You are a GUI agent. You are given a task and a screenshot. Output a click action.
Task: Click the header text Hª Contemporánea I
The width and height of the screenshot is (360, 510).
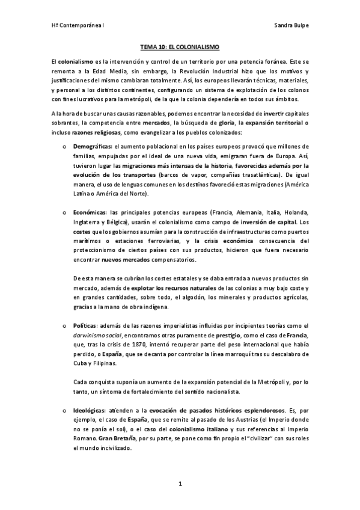(x=78, y=26)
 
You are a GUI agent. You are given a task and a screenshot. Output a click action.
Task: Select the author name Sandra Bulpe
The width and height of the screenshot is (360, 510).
(x=291, y=26)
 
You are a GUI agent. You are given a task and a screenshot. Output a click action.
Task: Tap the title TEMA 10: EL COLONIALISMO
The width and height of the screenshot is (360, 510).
(x=180, y=46)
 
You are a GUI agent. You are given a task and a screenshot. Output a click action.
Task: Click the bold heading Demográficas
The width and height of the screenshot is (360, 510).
(x=91, y=146)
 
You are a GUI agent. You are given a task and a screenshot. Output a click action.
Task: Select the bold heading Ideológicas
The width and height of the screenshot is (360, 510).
(x=90, y=409)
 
